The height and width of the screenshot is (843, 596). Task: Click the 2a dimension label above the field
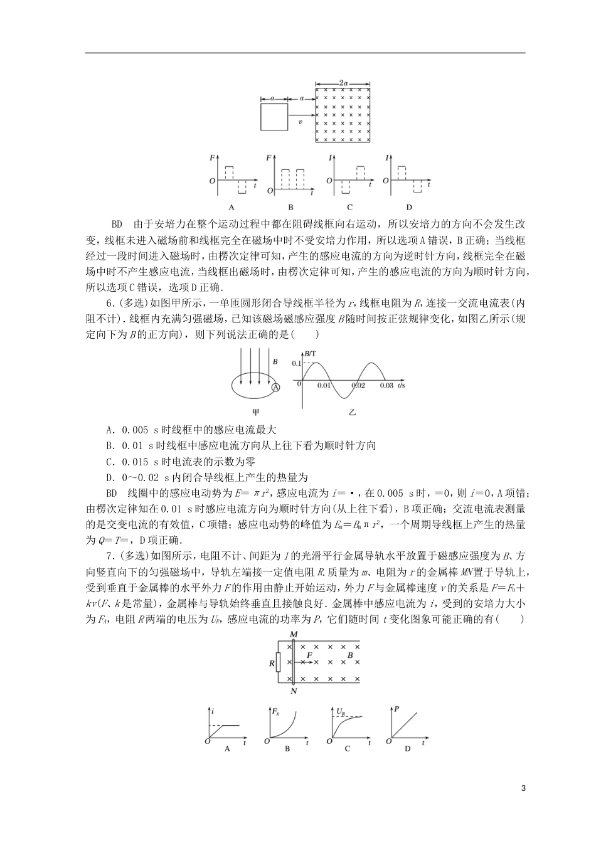tap(343, 82)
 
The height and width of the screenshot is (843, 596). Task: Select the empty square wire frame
tap(274, 117)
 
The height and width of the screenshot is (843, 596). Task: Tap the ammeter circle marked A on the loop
tap(275, 387)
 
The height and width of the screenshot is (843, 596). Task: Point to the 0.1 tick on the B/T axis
tap(296, 364)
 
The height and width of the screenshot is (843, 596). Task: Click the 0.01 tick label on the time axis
tap(324, 386)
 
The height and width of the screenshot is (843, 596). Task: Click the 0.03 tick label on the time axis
tap(386, 386)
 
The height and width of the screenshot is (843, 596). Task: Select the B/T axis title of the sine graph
tap(310, 355)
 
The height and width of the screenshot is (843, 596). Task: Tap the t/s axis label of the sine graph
tap(401, 385)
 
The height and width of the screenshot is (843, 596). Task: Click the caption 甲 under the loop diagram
tap(255, 412)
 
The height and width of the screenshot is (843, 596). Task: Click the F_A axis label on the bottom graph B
tap(276, 711)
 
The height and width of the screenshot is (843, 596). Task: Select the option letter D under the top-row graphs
tap(409, 207)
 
